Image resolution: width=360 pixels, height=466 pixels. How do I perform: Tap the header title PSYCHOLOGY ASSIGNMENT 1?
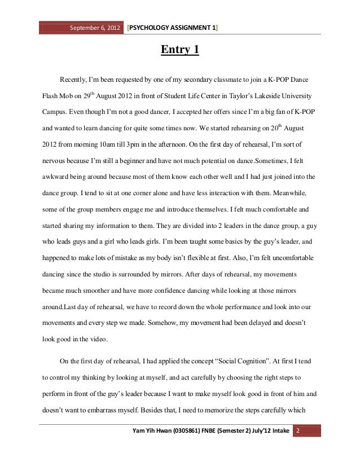[x=173, y=28]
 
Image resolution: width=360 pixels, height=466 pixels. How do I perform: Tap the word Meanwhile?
[x=287, y=192]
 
